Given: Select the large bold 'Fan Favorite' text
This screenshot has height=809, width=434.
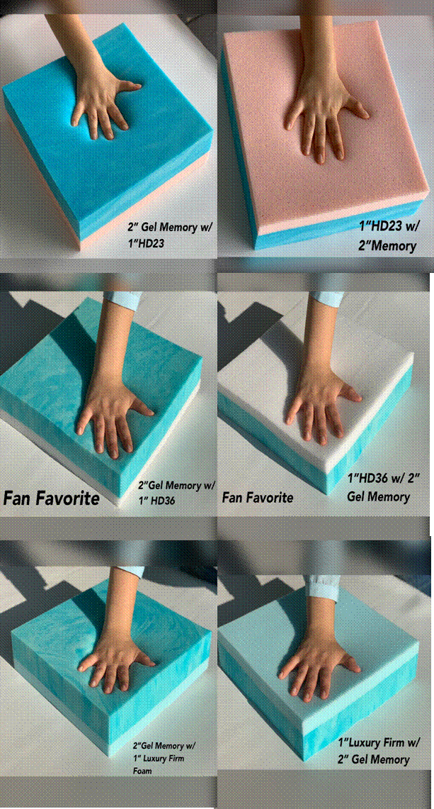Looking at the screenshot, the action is click(52, 498).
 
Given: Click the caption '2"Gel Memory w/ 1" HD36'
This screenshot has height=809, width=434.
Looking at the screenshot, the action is click(176, 493).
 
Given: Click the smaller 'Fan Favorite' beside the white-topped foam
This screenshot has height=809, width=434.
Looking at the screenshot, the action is click(258, 497).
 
